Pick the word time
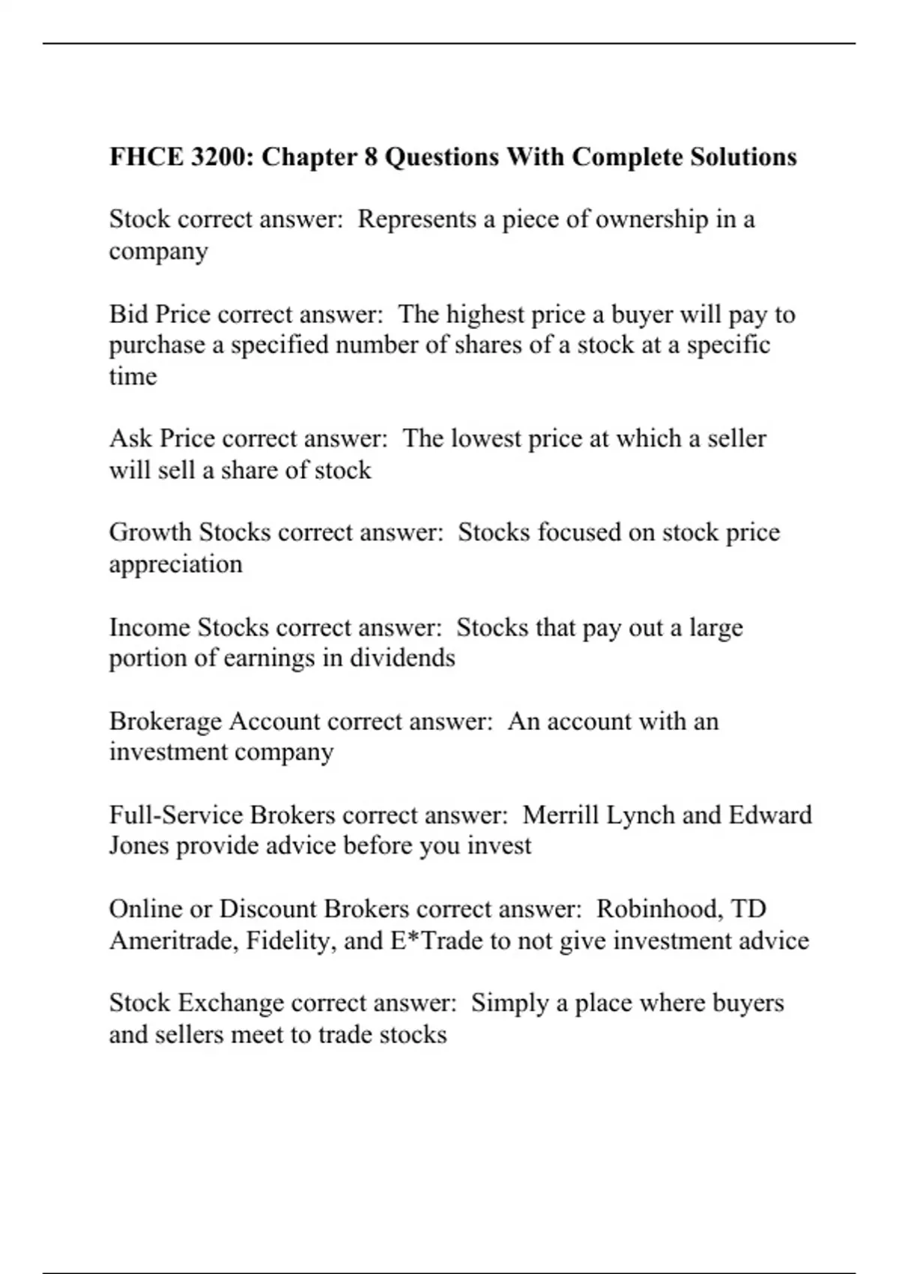tap(133, 376)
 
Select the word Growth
tap(150, 532)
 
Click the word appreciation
tap(175, 564)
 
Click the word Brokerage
tap(166, 721)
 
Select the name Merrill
tap(560, 815)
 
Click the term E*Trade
tap(436, 941)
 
